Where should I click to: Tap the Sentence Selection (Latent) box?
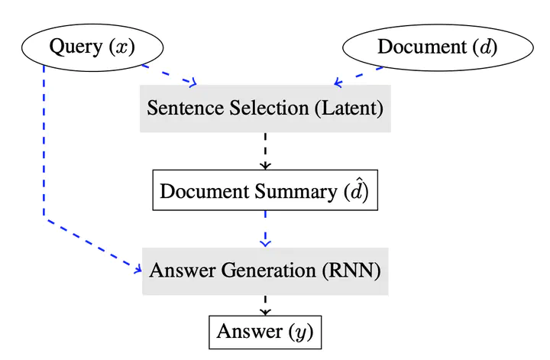(265, 109)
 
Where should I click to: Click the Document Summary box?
(265, 190)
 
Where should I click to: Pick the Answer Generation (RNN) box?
(265, 271)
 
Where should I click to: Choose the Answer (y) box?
(265, 332)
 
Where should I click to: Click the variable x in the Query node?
(121, 47)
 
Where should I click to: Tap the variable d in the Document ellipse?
(485, 47)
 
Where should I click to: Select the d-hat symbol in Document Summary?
(357, 190)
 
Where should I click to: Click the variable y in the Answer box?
(301, 333)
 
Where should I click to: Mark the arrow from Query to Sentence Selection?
(169, 75)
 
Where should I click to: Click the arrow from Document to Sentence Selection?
(359, 76)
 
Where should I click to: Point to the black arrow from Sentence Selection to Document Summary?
(266, 151)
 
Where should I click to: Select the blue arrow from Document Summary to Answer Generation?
(266, 229)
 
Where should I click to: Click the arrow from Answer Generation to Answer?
(266, 305)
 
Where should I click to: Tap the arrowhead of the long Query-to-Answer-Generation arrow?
(138, 269)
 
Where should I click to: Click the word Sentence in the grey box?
(186, 108)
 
